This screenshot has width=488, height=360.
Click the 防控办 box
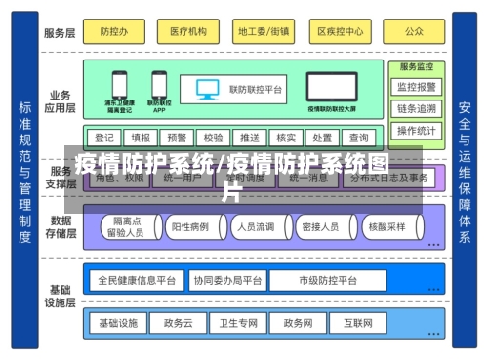coord(114,31)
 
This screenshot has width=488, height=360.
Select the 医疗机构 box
coord(188,31)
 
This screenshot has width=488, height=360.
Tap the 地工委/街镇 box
coord(264,31)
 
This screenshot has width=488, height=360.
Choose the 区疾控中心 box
coord(340,31)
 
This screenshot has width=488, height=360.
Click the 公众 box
coord(414,31)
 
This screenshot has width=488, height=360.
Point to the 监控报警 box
coord(417,86)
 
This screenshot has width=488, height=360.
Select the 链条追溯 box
coord(417,107)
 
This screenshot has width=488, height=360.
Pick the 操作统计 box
coord(417,130)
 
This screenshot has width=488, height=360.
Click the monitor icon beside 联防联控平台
coord(207,89)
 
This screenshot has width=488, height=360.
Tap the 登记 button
coord(104,138)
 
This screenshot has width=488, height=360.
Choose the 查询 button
coord(358,138)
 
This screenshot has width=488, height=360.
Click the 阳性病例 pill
coord(190,227)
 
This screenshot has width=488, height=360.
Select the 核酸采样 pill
coord(386,227)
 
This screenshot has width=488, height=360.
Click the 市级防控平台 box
coord(327,280)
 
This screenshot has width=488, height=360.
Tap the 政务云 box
coord(179,321)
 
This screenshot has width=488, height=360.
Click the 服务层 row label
coord(59,32)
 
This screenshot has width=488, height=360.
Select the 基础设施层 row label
coord(61,297)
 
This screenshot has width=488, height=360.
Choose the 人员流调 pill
coord(253,227)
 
